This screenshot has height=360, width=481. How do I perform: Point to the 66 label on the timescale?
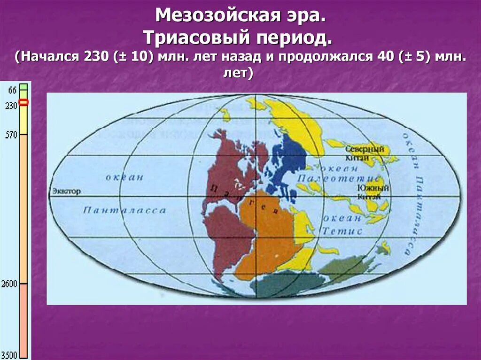pos(13,90)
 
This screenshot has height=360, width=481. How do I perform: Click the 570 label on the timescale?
pos(11,135)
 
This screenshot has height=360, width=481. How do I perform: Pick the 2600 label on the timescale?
pos(10,284)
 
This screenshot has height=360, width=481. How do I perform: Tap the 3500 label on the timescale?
pos(10,354)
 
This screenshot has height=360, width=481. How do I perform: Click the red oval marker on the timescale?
pos(23,102)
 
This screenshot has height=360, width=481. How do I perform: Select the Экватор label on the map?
pos(66,191)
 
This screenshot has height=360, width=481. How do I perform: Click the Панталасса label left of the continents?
pos(124,210)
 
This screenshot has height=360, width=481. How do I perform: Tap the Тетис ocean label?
pos(348,231)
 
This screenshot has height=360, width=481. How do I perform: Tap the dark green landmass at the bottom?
pos(287,284)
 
